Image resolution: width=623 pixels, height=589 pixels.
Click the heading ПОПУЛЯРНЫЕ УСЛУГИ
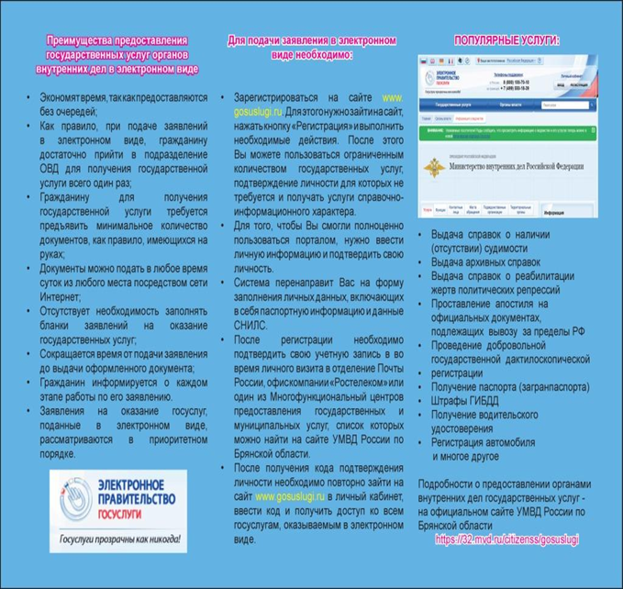click(506, 41)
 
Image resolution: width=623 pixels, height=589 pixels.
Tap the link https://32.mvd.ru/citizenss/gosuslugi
click(506, 539)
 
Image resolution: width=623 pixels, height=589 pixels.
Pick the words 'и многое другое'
click(472, 455)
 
